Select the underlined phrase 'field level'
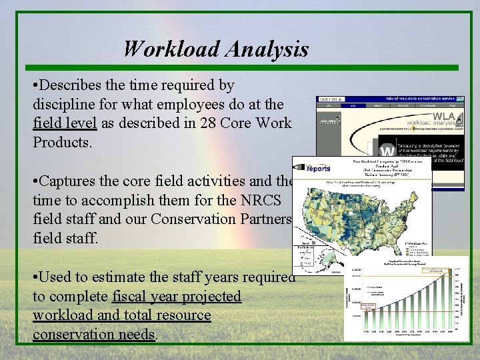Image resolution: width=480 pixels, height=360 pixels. (65, 123)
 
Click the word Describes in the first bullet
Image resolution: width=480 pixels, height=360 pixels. (73, 85)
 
